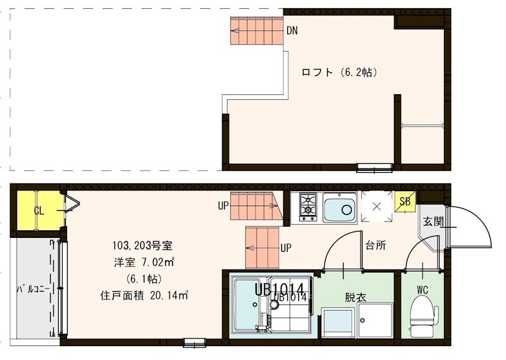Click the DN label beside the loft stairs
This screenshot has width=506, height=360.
coord(292,30)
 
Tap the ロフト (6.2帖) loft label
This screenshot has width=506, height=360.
coord(340,72)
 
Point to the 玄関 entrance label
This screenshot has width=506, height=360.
coord(433,222)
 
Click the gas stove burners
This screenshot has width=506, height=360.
coord(308,206)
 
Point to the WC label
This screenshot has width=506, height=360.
coord(423,291)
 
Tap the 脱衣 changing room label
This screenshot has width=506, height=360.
coord(355,296)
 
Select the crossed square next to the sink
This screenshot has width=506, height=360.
coord(376,206)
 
